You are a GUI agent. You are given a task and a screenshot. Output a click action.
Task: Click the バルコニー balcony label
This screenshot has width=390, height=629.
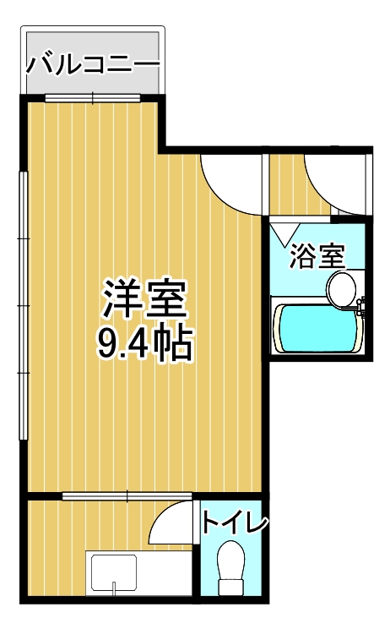coord(92,63)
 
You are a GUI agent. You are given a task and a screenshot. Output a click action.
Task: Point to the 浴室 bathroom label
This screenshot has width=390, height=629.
coord(317,255)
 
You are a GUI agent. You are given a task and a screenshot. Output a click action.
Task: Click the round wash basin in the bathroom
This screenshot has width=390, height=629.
coord(343,288)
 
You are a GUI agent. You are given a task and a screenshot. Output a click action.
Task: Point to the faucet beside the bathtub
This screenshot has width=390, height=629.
coord(362,306)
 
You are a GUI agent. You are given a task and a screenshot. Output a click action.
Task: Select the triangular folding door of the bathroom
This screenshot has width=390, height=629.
coord(285,231)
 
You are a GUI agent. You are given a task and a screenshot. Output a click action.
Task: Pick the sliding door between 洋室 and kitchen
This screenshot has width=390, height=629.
coord(127,495)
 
